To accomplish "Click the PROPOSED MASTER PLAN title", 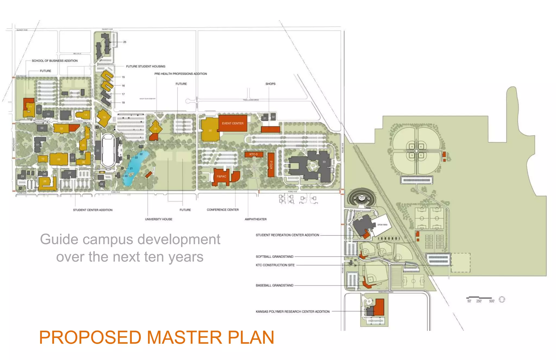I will coord(156,337).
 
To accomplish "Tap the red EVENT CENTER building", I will coord(233,123).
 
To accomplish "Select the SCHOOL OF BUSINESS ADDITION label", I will coord(55,61).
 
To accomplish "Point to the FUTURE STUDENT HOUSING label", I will coord(146,66).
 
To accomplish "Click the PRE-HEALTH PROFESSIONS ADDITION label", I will coord(181,74).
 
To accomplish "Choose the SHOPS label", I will coord(270,84).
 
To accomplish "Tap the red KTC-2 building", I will coord(271,165).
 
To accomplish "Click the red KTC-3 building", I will coord(254,154).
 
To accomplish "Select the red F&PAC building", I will coord(221,177).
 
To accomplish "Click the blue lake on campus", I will coord(136,166).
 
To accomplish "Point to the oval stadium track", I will coord(108,150).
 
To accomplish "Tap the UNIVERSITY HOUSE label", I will coord(159,219).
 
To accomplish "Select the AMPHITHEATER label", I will coord(255,219).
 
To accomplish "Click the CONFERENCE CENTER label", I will coord(223,210).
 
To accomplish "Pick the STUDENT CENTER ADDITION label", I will coord(93,210).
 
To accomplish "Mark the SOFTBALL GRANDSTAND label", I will coord(274,257).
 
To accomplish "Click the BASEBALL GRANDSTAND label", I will coord(274,286).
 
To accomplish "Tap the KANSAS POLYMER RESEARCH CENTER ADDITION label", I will coord(292,312).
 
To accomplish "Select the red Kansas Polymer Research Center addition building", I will coord(379,307).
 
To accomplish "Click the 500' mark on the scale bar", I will coord(492,301).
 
